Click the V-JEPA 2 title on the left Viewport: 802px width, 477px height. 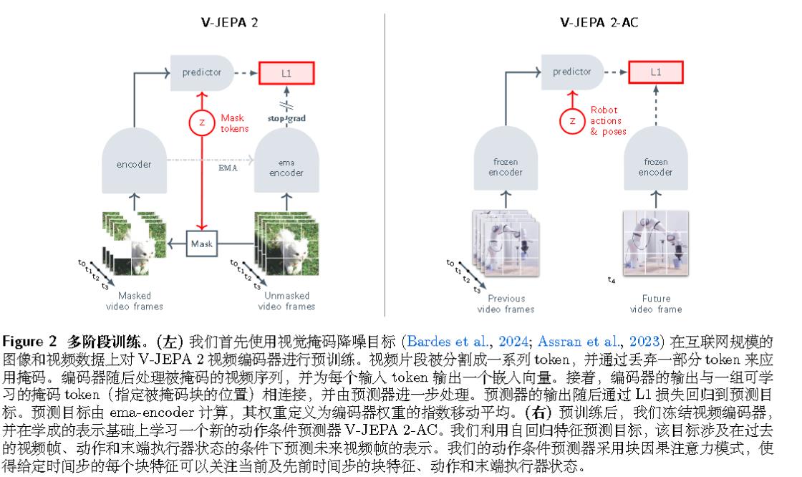click(229, 22)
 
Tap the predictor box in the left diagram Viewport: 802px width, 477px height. click(203, 72)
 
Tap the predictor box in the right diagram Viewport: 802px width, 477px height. click(572, 72)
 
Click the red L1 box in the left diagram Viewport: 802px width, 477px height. click(286, 72)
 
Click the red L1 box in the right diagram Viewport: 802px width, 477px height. click(656, 72)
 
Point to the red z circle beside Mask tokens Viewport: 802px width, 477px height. click(202, 122)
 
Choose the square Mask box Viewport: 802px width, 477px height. click(201, 244)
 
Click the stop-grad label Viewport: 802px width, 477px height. click(286, 118)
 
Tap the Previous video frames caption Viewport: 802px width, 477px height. click(506, 304)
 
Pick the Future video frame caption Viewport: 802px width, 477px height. click(656, 304)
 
